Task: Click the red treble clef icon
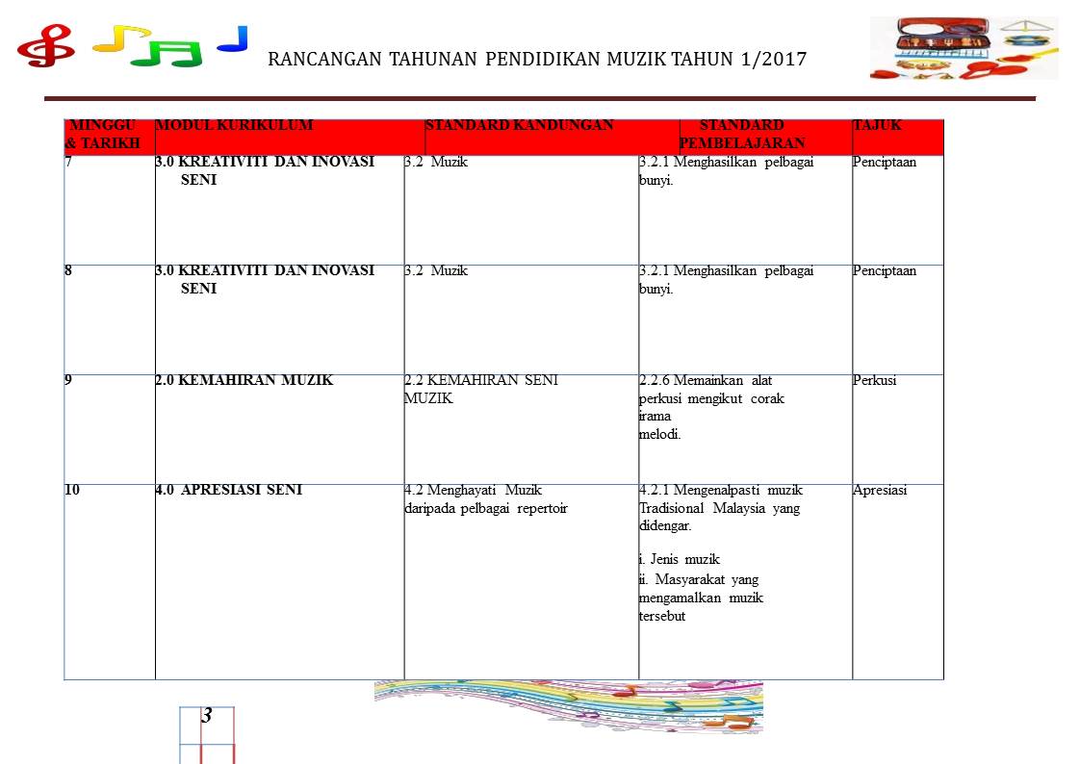45,44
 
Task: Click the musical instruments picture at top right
964,47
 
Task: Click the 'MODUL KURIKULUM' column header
234,125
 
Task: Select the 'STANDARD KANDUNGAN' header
519,125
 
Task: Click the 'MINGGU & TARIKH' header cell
102,134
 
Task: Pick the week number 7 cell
68,162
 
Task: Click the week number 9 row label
68,380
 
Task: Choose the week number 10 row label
72,490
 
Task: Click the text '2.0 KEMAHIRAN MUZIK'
244,380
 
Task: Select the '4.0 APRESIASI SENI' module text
228,490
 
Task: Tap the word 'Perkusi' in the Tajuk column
874,380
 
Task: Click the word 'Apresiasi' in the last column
880,490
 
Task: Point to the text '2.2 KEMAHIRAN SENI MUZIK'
481,389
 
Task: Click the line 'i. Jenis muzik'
680,559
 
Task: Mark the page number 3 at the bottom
207,716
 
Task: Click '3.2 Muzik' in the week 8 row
437,270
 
